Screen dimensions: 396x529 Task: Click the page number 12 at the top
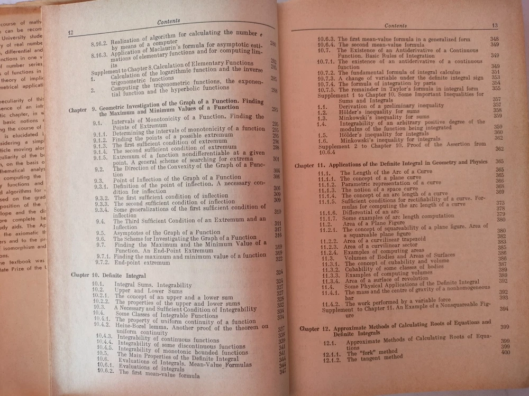[x=70, y=33]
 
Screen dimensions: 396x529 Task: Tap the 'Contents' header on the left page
[x=169, y=22]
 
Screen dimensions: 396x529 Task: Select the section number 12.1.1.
[x=334, y=353]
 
